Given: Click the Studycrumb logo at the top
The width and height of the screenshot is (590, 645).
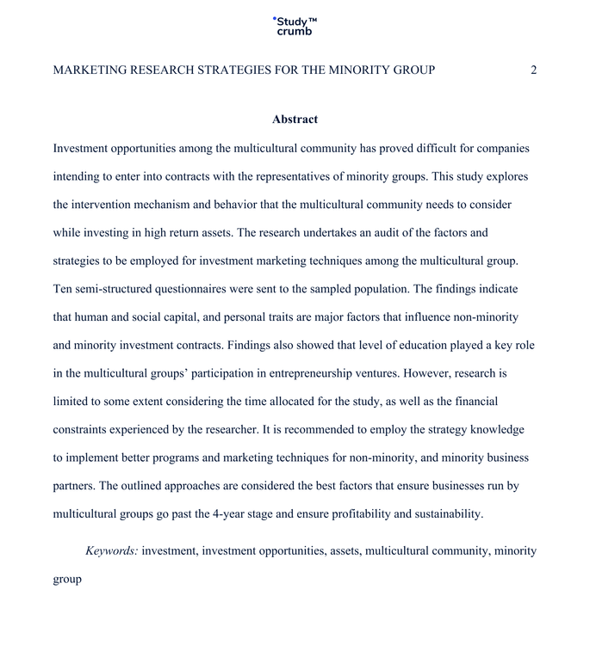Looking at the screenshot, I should (x=295, y=26).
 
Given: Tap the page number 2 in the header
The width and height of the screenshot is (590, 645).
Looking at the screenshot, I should (x=533, y=70).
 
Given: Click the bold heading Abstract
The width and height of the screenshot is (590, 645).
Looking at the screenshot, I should (x=295, y=120).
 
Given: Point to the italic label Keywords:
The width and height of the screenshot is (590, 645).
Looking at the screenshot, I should (x=112, y=550).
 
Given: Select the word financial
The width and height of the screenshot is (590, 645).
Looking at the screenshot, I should (x=474, y=401).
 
